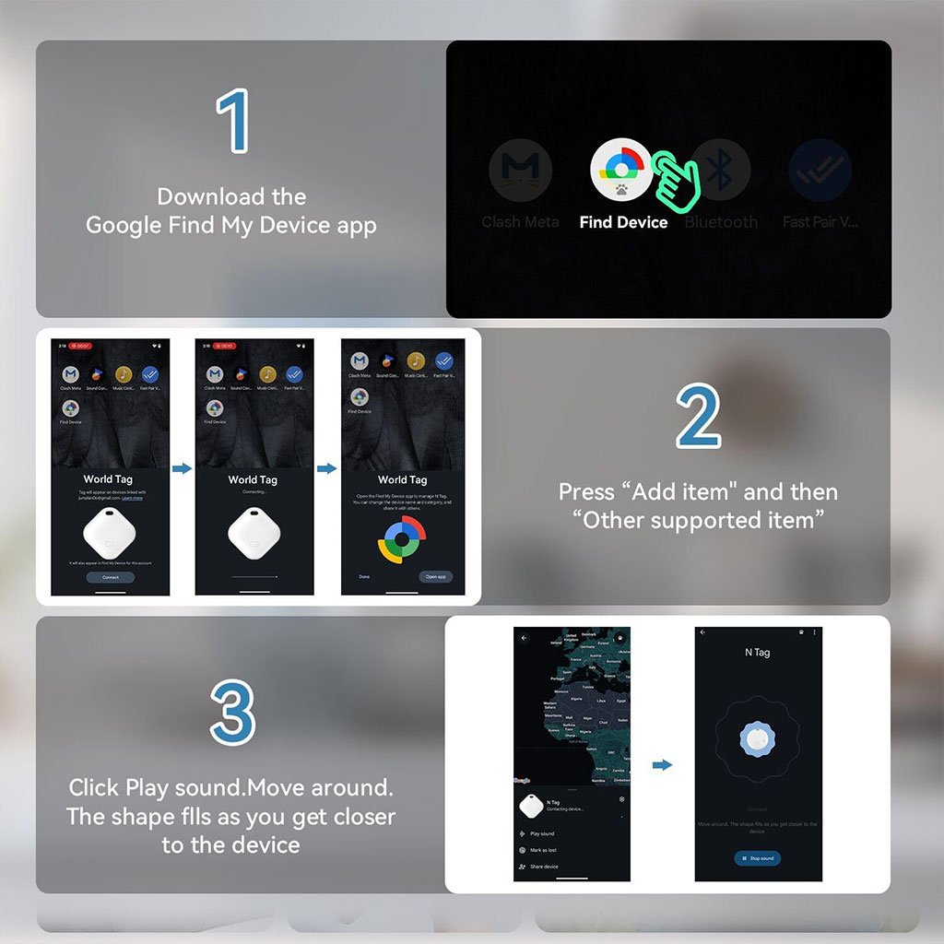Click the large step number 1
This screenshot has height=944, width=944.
pos(232,121)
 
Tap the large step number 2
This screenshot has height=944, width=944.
pos(698,417)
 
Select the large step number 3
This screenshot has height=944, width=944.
pos(231,712)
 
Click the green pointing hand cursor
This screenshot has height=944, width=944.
pos(677,177)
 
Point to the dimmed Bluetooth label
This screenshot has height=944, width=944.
pos(721,222)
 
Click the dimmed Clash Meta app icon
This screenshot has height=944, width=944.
pos(520,171)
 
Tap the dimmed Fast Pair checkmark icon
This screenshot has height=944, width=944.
pos(820,171)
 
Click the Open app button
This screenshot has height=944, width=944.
pos(435,577)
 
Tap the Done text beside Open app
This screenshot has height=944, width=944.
pos(364,577)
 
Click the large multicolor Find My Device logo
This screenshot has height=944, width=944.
pos(402,539)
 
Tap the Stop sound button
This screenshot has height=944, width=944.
pos(757,858)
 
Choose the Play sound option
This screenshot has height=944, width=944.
pos(542,833)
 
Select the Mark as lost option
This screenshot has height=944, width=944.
pos(543,850)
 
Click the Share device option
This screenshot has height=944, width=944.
pos(544,867)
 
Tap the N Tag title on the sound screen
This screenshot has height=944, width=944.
pos(757,653)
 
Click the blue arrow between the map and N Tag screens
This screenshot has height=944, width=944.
pos(662,764)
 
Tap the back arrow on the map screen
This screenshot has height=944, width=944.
pos(525,637)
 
